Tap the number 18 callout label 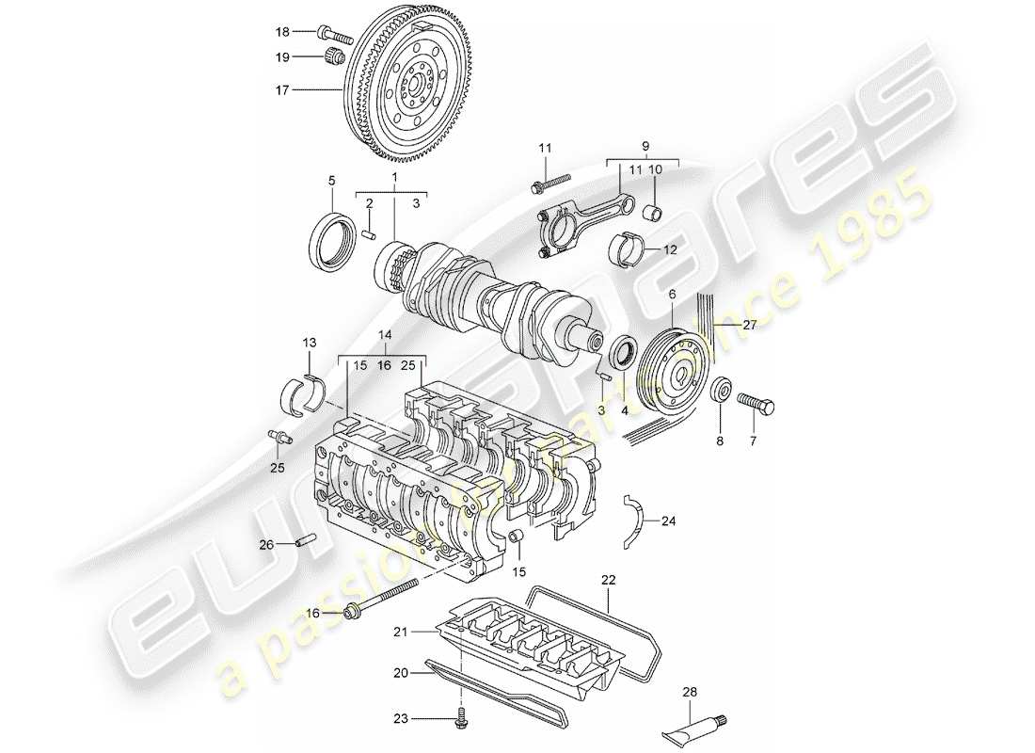(x=283, y=31)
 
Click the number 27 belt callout (x=749, y=326)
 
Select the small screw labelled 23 (x=461, y=717)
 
